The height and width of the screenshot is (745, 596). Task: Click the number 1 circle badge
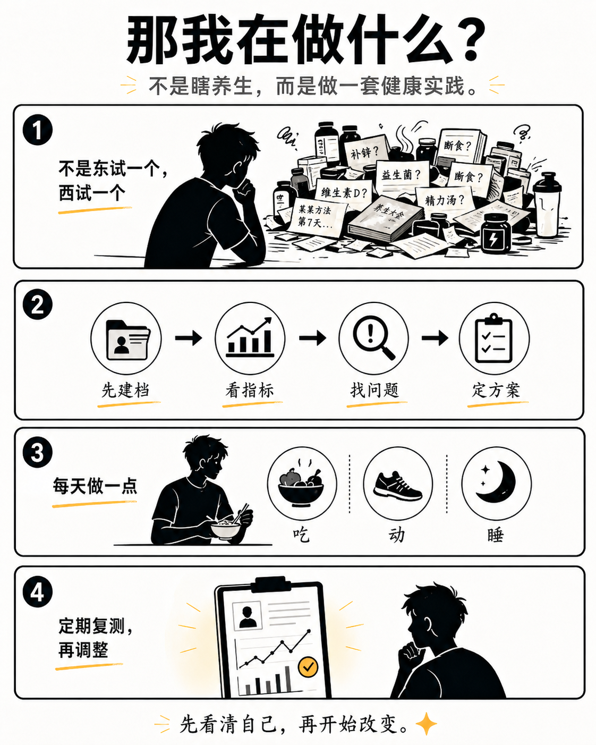click(38, 130)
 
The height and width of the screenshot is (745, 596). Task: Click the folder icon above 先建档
click(126, 338)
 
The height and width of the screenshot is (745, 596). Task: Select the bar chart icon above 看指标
click(250, 338)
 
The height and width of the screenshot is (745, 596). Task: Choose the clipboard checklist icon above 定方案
click(494, 338)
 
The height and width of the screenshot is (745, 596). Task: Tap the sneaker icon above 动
click(398, 485)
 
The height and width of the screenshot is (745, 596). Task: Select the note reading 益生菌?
click(401, 174)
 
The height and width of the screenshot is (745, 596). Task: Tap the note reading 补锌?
click(364, 152)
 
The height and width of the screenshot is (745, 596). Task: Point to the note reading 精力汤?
click(444, 200)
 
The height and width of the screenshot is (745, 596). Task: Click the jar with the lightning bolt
click(495, 234)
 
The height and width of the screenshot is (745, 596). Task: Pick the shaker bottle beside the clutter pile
click(547, 205)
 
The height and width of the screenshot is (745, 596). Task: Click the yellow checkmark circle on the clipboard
click(308, 666)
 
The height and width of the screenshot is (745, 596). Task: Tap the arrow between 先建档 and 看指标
click(189, 338)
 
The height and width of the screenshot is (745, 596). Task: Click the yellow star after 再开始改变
click(426, 724)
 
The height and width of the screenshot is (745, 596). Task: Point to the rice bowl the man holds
click(225, 529)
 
